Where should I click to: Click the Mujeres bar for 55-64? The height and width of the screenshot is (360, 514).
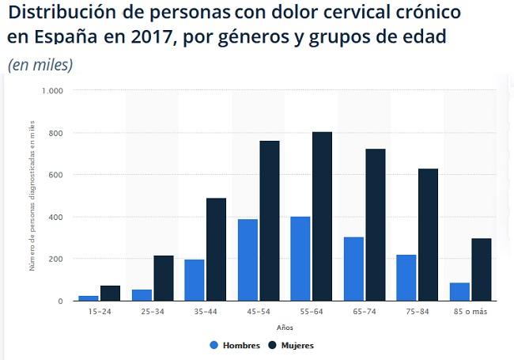pyautogui.click(x=322, y=216)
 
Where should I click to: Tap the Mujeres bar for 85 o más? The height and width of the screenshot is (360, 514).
pyautogui.click(x=482, y=269)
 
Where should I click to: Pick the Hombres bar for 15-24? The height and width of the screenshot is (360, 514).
pyautogui.click(x=89, y=297)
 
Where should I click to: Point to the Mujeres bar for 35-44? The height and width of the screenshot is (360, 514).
pyautogui.click(x=216, y=249)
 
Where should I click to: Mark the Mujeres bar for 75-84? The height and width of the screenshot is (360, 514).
pyautogui.click(x=429, y=234)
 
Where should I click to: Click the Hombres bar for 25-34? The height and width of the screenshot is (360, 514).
pyautogui.click(x=142, y=294)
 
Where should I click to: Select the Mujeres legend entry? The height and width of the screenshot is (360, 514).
pyautogui.click(x=291, y=345)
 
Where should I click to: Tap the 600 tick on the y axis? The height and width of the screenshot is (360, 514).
pyautogui.click(x=55, y=175)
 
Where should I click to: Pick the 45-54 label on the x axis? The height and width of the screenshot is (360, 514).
pyautogui.click(x=258, y=312)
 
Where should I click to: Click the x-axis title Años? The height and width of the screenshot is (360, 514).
pyautogui.click(x=285, y=327)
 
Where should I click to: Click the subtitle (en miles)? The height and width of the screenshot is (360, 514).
pyautogui.click(x=40, y=65)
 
